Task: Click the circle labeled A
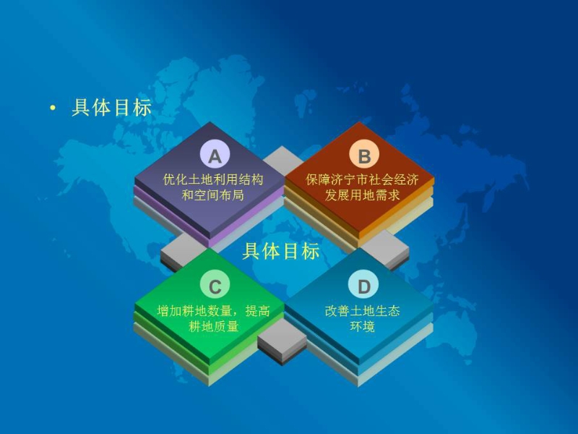(x=215, y=156)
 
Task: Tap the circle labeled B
(x=364, y=156)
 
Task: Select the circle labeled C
(x=215, y=285)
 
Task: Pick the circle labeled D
(x=364, y=285)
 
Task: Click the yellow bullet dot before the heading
(x=53, y=108)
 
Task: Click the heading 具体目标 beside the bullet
(x=112, y=108)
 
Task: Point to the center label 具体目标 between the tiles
(x=281, y=252)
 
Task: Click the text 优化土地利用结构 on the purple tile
(x=213, y=179)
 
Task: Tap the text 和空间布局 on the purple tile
(x=212, y=195)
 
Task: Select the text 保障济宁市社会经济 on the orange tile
(x=362, y=179)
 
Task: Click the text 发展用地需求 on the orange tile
(x=362, y=195)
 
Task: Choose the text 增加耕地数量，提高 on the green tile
(x=213, y=311)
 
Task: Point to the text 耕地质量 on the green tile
(x=214, y=326)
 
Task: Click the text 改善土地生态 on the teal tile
(x=362, y=311)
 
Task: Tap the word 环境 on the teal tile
(x=362, y=326)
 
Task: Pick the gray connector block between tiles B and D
(x=385, y=248)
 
